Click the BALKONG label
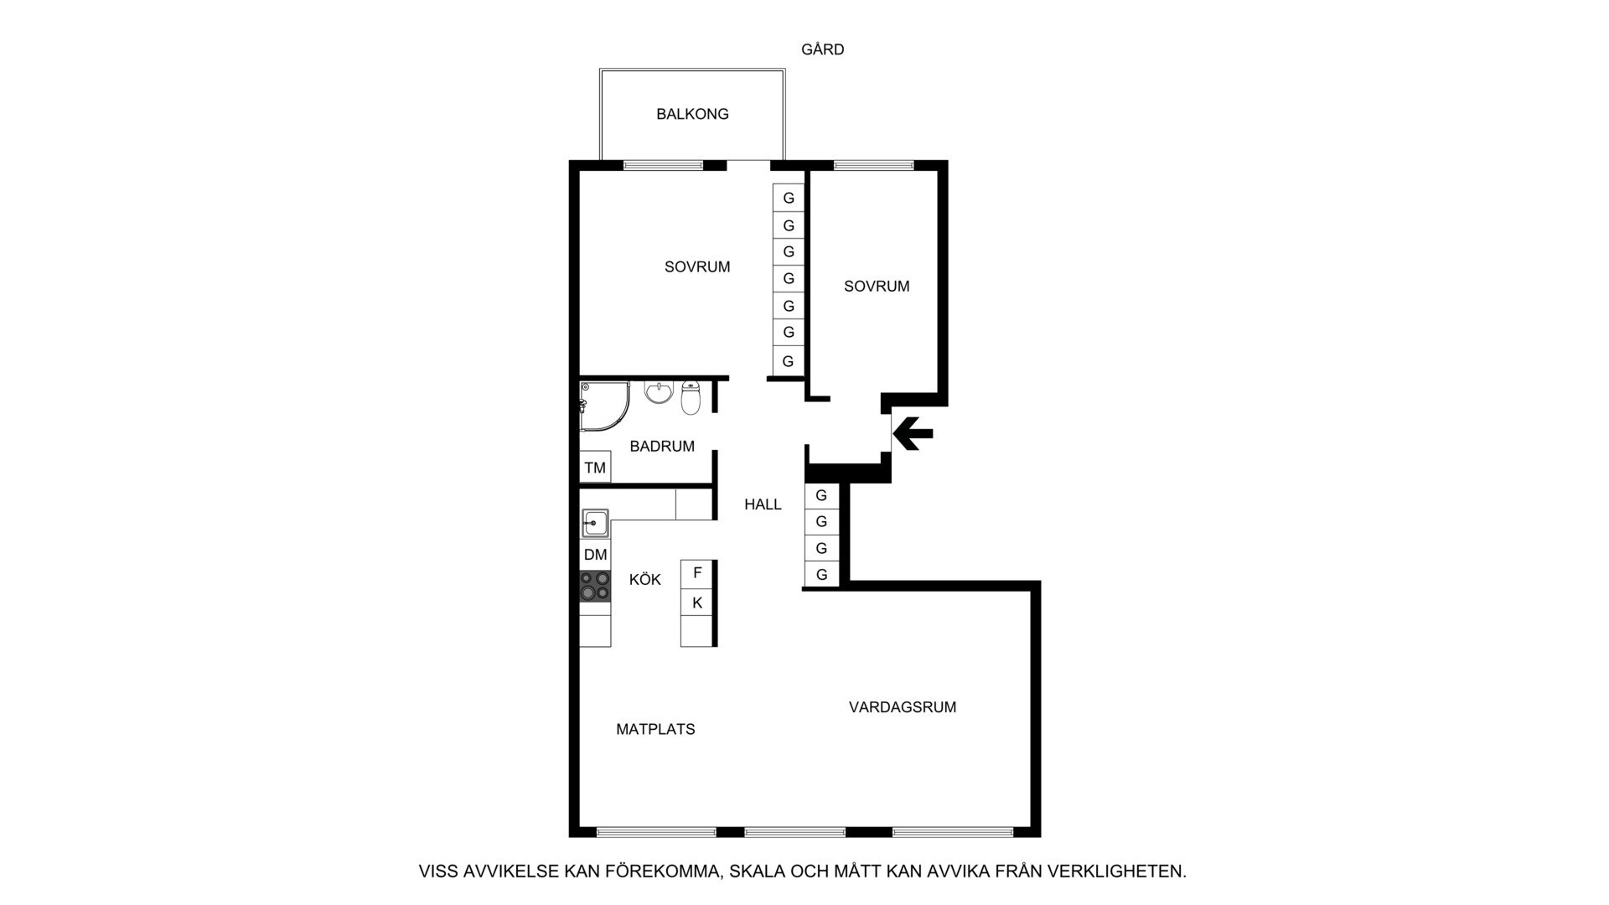pos(692,114)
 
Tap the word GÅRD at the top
pos(822,49)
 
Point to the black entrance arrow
pos(913,433)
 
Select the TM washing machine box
pos(595,468)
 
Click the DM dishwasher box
pos(595,555)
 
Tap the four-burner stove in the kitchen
pos(595,586)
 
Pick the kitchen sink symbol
pos(595,523)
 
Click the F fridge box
pos(697,574)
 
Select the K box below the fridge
pos(697,603)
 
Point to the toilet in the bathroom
pos(691,398)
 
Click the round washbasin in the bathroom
pos(659,392)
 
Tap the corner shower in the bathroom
pos(603,406)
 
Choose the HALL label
pos(763,504)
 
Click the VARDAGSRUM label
pos(903,707)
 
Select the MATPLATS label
pos(655,730)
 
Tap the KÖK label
pos(645,579)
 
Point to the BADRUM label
pos(662,447)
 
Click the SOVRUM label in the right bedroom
pos(877,287)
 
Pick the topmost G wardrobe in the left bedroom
pos(788,198)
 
